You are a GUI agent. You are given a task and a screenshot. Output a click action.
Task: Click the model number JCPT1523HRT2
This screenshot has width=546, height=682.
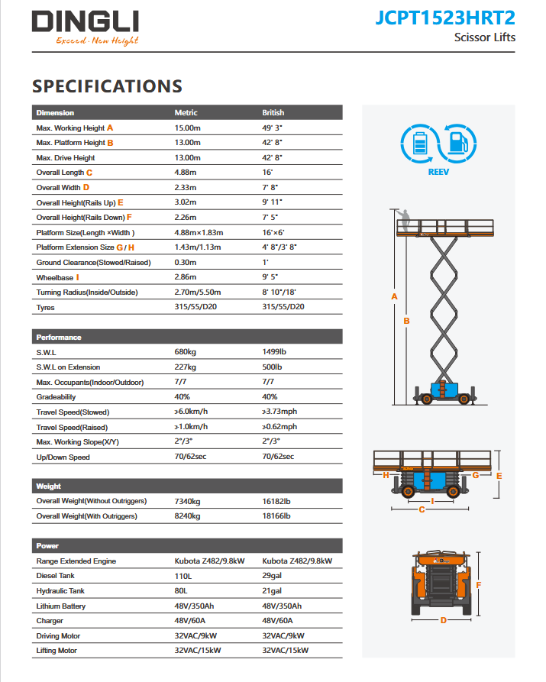(x=445, y=18)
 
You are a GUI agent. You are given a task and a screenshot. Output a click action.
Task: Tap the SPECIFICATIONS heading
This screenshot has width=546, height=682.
(x=107, y=86)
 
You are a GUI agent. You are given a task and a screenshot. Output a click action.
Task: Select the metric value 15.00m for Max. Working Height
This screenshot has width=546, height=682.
(x=187, y=128)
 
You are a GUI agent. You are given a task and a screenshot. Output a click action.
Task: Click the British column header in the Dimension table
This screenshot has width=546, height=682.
(x=273, y=113)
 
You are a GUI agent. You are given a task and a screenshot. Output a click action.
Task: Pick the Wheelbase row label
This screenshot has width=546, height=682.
(x=54, y=278)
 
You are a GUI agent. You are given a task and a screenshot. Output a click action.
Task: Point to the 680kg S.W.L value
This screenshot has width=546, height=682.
(x=186, y=353)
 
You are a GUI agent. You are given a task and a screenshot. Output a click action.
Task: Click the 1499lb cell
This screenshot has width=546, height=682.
(x=273, y=353)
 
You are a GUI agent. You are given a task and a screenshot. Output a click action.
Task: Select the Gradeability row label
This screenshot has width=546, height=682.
(x=57, y=397)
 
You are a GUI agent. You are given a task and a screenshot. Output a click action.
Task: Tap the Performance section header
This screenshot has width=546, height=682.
(x=59, y=338)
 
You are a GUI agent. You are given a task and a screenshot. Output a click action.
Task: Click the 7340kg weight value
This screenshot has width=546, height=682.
(x=187, y=501)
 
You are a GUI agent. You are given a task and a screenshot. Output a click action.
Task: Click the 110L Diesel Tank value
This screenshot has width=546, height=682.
(x=184, y=576)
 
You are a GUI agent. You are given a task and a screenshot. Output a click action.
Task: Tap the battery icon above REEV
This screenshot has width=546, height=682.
(x=419, y=143)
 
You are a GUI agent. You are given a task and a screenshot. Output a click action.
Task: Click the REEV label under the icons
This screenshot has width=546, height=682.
(x=438, y=173)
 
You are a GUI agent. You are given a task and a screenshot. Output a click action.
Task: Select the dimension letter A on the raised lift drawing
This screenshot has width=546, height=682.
(x=394, y=296)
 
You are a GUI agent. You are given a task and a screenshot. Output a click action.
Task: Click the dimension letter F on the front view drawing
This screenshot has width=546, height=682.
(x=479, y=586)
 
